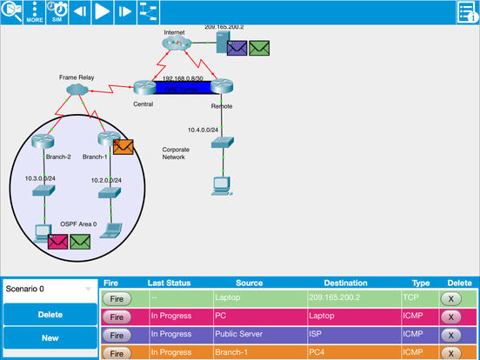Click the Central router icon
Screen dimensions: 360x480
point(144,87)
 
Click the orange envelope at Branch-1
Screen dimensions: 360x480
point(123,146)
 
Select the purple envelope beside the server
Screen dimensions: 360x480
point(237,48)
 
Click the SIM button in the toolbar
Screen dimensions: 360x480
point(57,11)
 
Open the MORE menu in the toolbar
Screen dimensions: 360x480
point(35,11)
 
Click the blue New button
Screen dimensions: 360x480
point(50,337)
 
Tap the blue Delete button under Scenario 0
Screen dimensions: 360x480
point(50,314)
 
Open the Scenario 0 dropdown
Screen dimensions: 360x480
point(50,288)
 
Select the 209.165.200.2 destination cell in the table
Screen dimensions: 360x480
point(345,297)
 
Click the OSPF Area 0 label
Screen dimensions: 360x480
point(73,224)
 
